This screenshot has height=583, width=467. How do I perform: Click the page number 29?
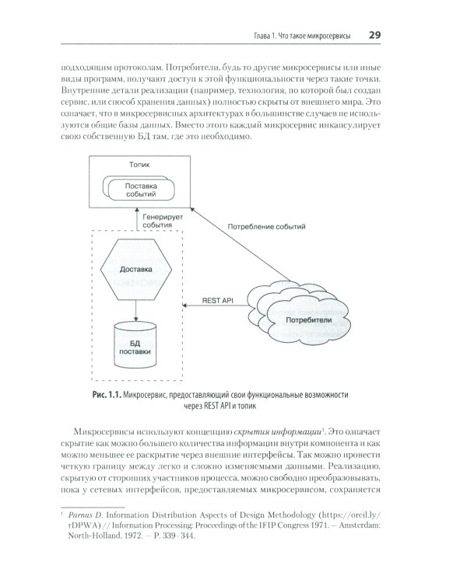click(374, 35)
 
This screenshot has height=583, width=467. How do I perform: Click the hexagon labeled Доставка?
click(136, 270)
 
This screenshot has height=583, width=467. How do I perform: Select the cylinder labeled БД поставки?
click(136, 345)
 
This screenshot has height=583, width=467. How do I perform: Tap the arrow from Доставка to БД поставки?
click(136, 309)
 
